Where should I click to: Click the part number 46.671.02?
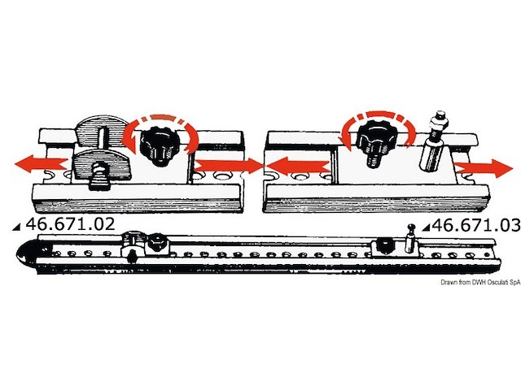(x=70, y=224)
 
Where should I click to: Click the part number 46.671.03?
(x=475, y=226)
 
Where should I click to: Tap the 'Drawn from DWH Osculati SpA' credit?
(x=480, y=282)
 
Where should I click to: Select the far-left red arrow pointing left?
(x=42, y=164)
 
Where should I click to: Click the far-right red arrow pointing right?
(x=484, y=168)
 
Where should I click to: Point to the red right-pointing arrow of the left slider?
(x=229, y=166)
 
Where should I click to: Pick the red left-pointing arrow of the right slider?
(x=298, y=166)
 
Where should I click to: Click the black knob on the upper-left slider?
(x=157, y=145)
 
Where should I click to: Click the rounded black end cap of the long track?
(x=29, y=253)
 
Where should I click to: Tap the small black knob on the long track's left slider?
(x=155, y=244)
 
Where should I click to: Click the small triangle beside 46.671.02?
(x=16, y=227)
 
